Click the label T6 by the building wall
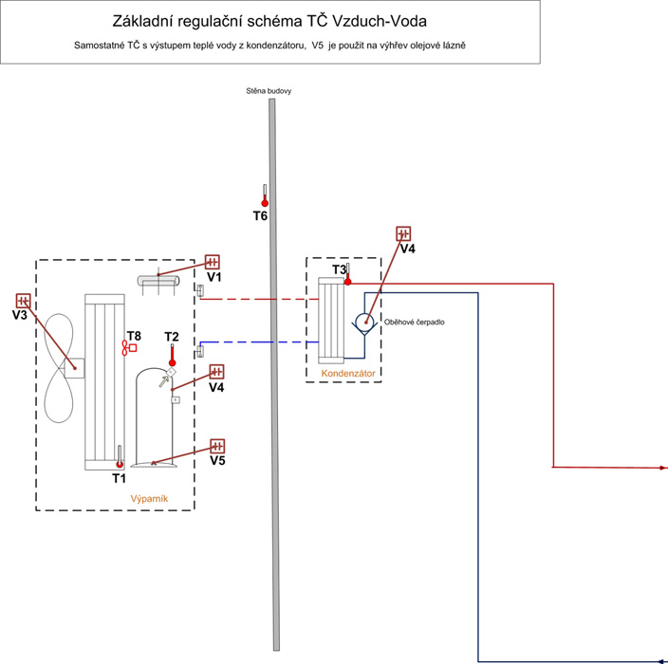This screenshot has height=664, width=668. tap(260, 216)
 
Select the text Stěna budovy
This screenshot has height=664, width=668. tap(269, 91)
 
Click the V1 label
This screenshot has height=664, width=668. tap(213, 277)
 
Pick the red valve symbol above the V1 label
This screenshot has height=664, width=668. tap(213, 262)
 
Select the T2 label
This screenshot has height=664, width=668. tap(172, 337)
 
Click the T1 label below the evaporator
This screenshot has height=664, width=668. tap(119, 478)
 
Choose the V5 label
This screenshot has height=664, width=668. tap(218, 461)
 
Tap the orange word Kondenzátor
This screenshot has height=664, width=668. tap(348, 374)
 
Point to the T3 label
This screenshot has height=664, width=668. tap(339, 270)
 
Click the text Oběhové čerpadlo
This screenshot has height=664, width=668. tap(414, 322)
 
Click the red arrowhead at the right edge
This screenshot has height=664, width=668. tap(663, 469)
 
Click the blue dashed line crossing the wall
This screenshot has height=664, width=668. tap(237, 341)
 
